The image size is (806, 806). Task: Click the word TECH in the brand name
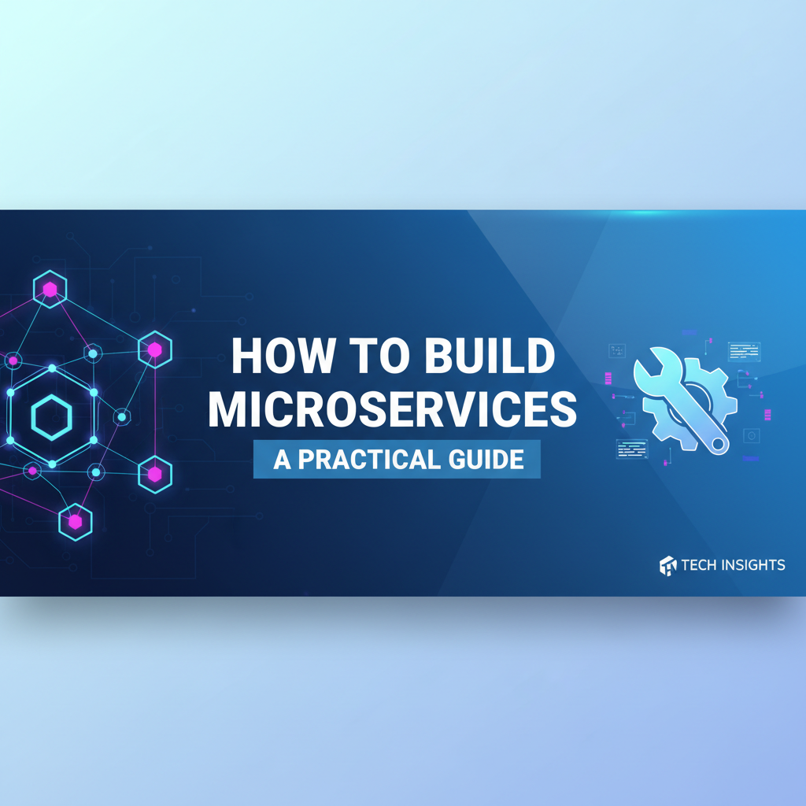pos(704,564)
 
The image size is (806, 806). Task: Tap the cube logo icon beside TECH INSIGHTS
pos(667,565)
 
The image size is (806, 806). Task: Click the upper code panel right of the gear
pos(744,351)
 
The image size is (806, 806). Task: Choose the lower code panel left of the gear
pos(631,449)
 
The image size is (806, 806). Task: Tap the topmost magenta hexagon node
pos(50,290)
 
